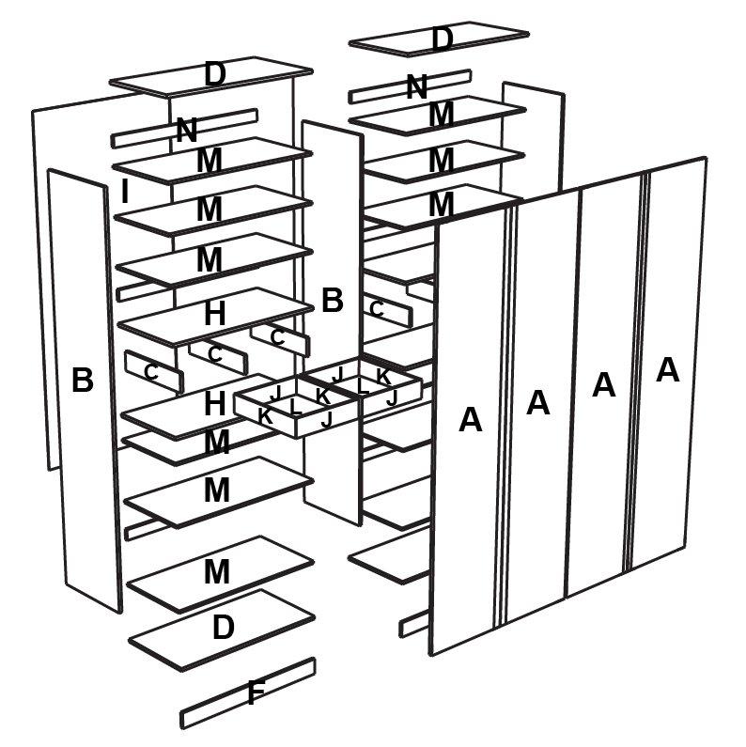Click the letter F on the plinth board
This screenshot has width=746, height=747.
tap(255, 695)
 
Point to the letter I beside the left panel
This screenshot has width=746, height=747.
tap(125, 192)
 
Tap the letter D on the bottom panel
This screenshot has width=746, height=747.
tap(223, 628)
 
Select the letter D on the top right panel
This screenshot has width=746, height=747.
tap(442, 39)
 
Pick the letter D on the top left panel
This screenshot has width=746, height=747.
tap(215, 74)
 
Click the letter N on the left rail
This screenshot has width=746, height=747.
tap(187, 131)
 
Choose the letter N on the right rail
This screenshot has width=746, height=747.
tap(416, 87)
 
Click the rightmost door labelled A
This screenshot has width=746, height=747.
tap(667, 369)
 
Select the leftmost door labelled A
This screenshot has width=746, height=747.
tap(470, 419)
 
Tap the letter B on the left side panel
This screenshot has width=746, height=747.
tap(83, 381)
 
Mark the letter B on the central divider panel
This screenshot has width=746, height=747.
tap(332, 301)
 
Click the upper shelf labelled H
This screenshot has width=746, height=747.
tap(214, 315)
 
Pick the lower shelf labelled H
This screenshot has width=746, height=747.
tap(214, 405)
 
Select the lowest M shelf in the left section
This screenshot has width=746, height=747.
tap(217, 571)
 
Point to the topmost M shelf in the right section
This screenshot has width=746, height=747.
tap(441, 115)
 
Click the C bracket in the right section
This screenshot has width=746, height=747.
tap(377, 308)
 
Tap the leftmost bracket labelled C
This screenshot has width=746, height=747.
tap(150, 372)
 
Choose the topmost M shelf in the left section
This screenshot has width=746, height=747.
tap(209, 161)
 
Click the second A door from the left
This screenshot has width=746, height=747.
tap(537, 402)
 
